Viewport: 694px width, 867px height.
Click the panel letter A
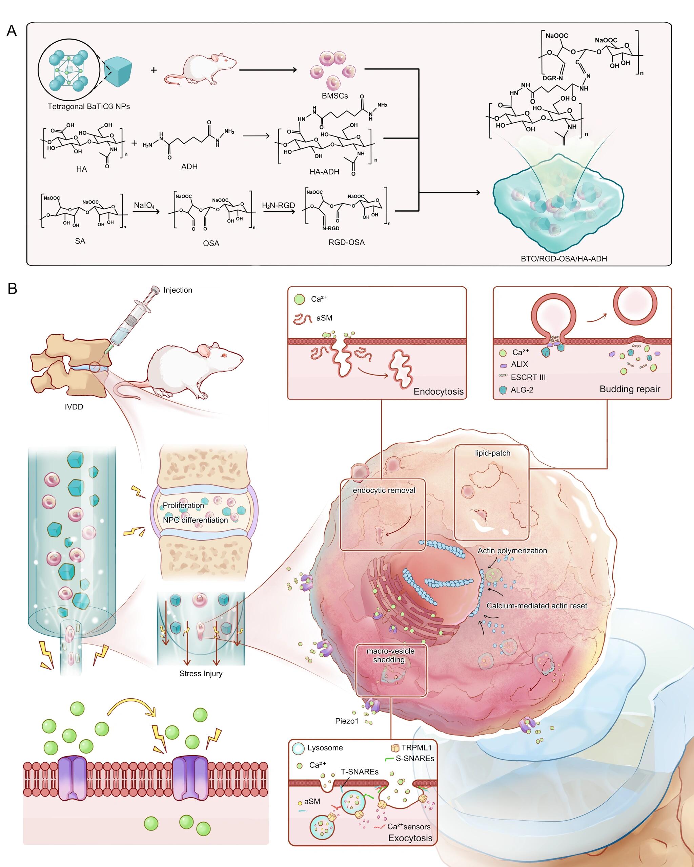(12, 31)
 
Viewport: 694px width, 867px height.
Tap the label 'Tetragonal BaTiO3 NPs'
(88, 107)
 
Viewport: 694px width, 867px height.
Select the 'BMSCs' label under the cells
(335, 96)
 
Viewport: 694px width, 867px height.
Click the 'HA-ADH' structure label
(324, 172)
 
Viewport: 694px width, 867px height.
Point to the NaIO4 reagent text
(144, 206)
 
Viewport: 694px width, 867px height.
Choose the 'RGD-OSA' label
(346, 242)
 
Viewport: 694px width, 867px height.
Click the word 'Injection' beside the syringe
(178, 290)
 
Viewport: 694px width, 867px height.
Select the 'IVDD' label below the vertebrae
(74, 407)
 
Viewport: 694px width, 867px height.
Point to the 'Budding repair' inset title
(630, 389)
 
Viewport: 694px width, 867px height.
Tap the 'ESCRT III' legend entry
(528, 377)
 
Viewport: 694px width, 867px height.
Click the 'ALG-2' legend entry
(522, 390)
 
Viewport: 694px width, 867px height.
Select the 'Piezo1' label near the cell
(346, 721)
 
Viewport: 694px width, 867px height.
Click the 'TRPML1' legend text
(416, 747)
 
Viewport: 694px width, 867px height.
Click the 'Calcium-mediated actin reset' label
(537, 606)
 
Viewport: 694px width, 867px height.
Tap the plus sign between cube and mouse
(154, 70)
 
